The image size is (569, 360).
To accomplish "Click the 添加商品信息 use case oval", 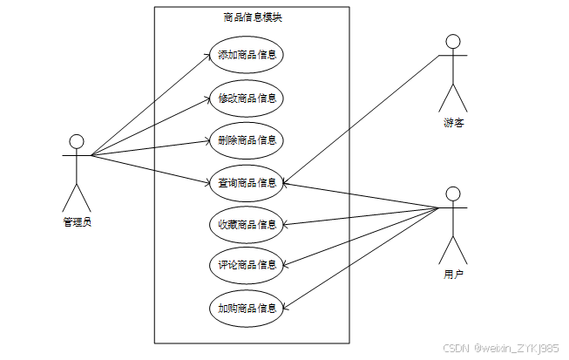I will coord(247,55).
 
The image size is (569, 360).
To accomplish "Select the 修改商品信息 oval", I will coord(247,98).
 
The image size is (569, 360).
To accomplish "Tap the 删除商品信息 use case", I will coord(247,139).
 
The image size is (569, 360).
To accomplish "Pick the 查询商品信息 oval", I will coord(247,182).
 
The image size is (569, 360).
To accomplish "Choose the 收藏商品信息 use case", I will coord(247,224).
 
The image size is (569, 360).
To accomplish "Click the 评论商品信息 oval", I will coord(247,265).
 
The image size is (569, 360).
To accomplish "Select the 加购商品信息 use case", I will coord(247,308).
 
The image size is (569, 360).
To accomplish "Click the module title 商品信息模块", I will coord(252,17).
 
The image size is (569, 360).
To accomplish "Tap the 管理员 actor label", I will coord(77,221).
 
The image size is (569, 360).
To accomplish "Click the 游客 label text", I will coord(452,122).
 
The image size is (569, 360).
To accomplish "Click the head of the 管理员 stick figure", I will coord(77,141).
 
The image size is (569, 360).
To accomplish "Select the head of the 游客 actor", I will coord(452,41).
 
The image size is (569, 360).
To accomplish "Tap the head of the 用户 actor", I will coord(452,193).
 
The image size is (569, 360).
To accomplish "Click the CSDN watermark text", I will coord(500,348).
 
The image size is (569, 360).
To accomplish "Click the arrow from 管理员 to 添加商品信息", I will coord(148,106).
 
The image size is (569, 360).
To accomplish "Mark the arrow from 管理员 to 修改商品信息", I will coord(148,127).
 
